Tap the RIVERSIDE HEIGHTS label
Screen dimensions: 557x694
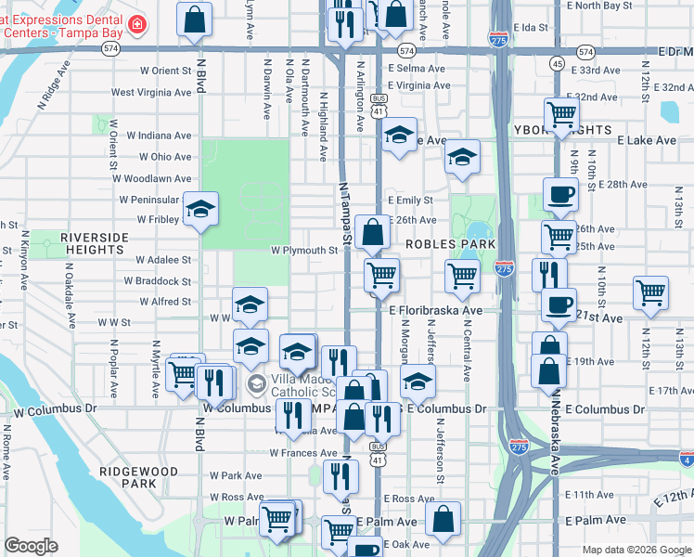pos(95,243)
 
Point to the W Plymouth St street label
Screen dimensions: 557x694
pos(304,251)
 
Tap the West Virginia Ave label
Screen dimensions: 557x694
pos(151,93)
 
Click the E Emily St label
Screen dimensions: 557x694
pos(411,201)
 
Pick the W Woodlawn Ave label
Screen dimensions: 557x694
pos(156,178)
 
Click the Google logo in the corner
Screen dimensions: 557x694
pos(31,546)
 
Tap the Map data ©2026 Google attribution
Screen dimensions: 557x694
pos(636,550)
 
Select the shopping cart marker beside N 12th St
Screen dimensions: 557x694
pos(651,292)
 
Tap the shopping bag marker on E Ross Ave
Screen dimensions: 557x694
pos(444,521)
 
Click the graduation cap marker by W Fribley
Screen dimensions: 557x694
pos(199,210)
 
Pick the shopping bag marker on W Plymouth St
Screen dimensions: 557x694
pos(372,232)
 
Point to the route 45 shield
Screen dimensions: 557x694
pos(557,63)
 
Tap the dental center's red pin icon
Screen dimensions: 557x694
pos(137,24)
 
